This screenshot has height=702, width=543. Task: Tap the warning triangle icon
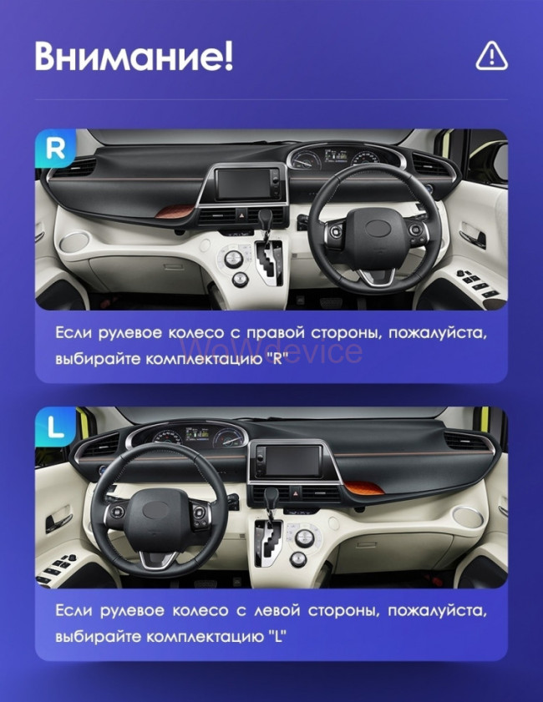point(491,56)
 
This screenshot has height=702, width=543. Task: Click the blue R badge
point(55,149)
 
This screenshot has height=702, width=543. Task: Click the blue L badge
point(55,427)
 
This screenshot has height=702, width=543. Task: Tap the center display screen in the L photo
point(287,461)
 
